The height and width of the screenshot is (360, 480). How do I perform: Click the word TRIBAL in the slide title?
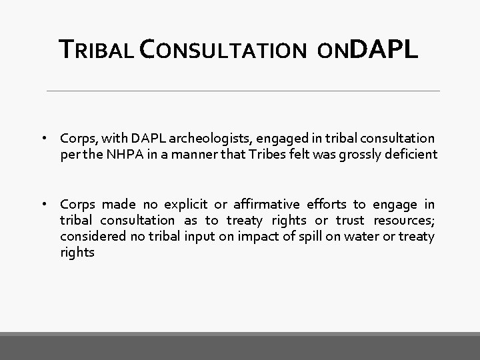click(98, 49)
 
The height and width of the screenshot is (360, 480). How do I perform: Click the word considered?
click(89, 237)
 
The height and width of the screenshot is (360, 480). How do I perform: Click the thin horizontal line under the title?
click(243, 91)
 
